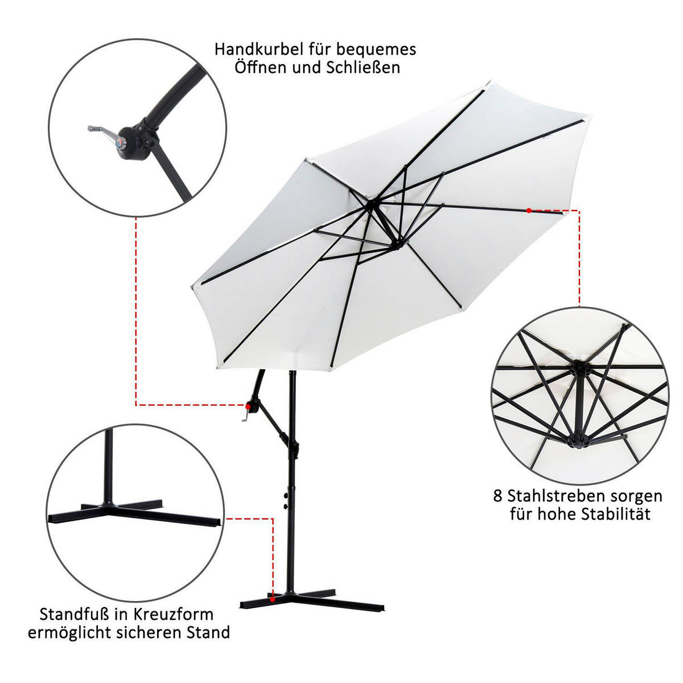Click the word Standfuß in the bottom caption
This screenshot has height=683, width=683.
[x=74, y=614]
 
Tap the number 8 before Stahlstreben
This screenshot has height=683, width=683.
[x=497, y=496]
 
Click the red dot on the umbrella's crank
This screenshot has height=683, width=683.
[x=249, y=406]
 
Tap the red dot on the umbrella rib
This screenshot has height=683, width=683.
[x=528, y=211]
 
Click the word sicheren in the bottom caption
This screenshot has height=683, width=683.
[x=150, y=633]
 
